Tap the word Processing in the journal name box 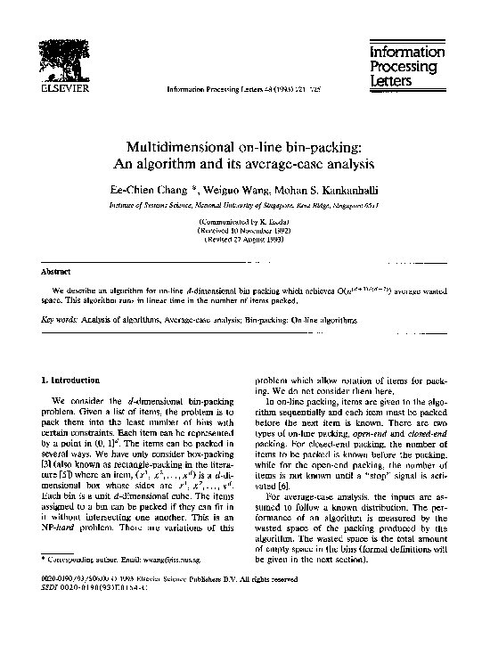tap(405, 68)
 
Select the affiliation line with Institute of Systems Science tap(241, 204)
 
